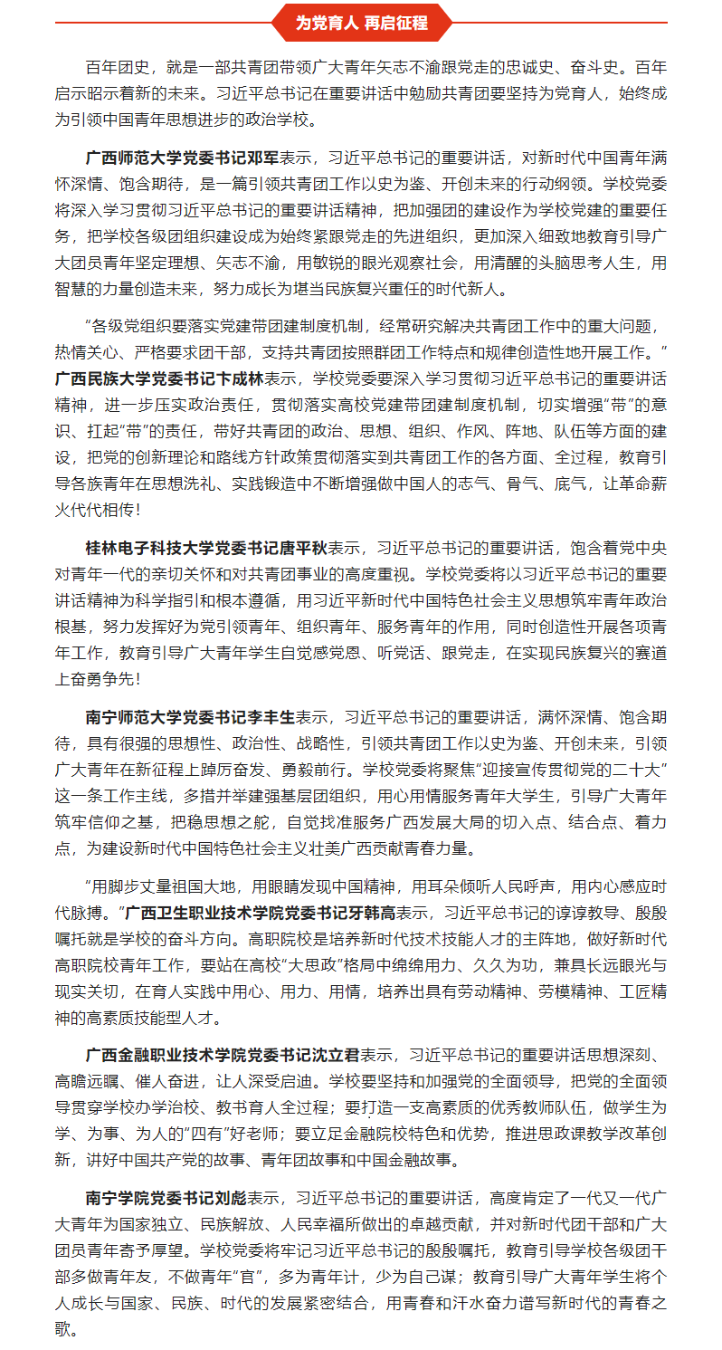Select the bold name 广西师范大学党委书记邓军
183,156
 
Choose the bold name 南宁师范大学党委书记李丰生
190,717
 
